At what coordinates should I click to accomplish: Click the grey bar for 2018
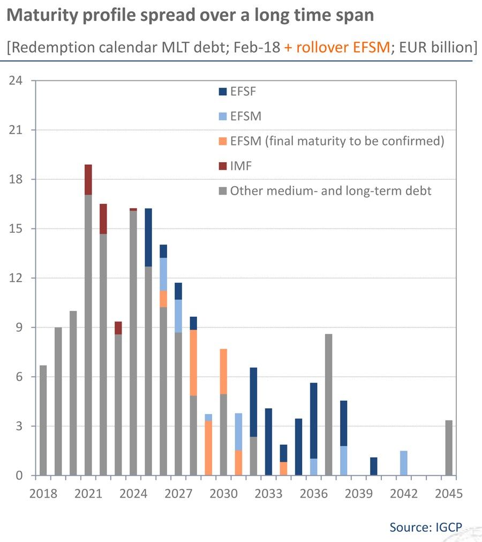pos(43,421)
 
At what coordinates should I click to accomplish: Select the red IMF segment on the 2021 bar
pos(88,180)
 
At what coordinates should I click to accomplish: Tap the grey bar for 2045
pos(449,448)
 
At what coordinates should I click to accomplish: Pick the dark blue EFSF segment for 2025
pos(148,237)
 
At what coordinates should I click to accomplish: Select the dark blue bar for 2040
pos(374,466)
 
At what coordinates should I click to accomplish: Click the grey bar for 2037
pos(329,404)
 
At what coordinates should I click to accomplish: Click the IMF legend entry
pos(236,166)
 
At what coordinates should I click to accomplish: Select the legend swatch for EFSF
pos(223,91)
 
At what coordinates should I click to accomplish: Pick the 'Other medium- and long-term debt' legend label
pos(330,191)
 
